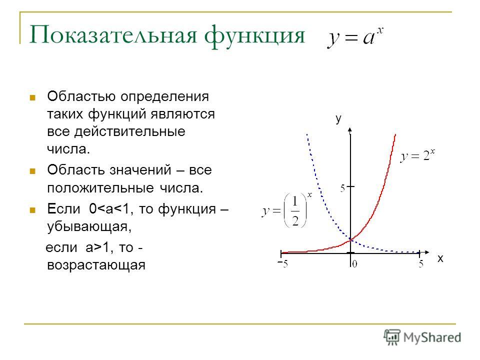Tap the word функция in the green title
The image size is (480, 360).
pyautogui.click(x=254, y=36)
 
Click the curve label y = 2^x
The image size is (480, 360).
pyautogui.click(x=417, y=155)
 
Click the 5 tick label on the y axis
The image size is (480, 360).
pyautogui.click(x=342, y=188)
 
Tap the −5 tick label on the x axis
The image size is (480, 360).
pyautogui.click(x=283, y=263)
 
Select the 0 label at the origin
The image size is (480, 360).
pyautogui.click(x=354, y=264)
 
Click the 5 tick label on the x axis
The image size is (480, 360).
pyautogui.click(x=421, y=263)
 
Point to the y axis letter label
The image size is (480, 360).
pyautogui.click(x=338, y=118)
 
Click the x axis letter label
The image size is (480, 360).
pyautogui.click(x=440, y=258)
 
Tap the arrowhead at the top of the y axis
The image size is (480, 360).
pyautogui.click(x=350, y=130)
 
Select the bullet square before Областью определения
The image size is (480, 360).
pyautogui.click(x=32, y=97)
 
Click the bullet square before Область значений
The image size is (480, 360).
pyautogui.click(x=32, y=171)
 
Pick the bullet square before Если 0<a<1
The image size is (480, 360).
pyautogui.click(x=32, y=210)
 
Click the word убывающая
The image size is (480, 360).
pyautogui.click(x=89, y=227)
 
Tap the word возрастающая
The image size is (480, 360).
pyautogui.click(x=96, y=265)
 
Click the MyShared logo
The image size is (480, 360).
pyautogui.click(x=422, y=337)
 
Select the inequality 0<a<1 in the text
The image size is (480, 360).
pyautogui.click(x=109, y=209)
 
